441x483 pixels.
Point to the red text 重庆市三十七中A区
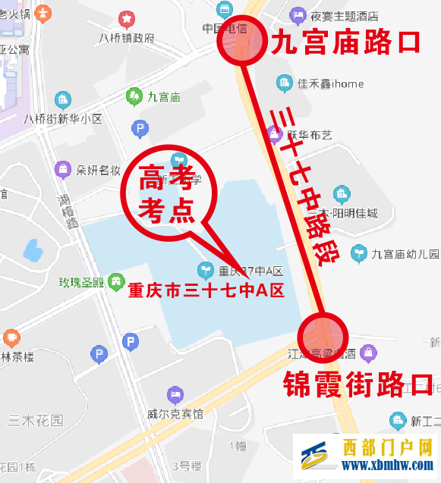click(x=205, y=290)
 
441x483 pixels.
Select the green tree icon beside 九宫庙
click(x=134, y=96)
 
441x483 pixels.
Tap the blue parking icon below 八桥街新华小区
click(x=140, y=129)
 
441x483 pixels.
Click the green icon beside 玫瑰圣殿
click(x=115, y=283)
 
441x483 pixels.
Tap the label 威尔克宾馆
click(x=175, y=414)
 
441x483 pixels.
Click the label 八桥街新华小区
click(x=63, y=118)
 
